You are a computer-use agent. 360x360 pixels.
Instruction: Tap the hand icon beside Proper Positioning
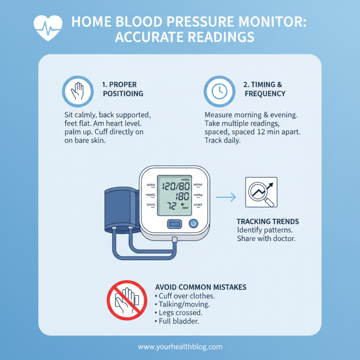click(74, 90)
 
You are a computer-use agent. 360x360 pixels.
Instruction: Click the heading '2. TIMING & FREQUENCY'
click(265, 89)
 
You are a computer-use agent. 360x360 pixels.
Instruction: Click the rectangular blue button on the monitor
click(174, 223)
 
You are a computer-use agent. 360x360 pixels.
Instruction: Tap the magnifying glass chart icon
click(261, 192)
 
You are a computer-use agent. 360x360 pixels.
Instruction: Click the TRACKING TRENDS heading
click(268, 222)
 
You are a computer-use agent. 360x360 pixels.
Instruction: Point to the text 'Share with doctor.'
click(266, 238)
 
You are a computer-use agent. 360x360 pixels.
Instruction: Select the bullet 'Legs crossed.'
click(178, 313)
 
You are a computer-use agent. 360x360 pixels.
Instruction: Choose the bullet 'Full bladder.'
click(178, 321)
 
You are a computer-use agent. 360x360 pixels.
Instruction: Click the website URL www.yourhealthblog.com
click(180, 347)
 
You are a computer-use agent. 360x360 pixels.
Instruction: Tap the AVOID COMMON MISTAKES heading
click(200, 287)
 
